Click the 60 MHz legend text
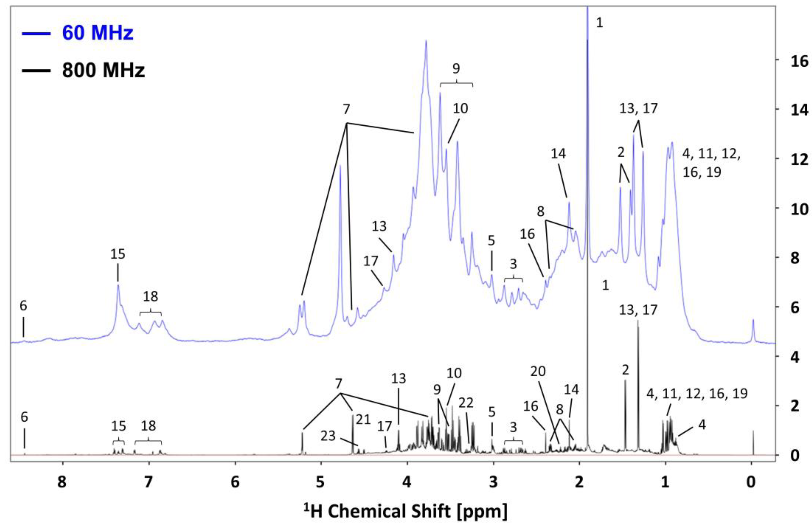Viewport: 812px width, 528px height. [x=98, y=33]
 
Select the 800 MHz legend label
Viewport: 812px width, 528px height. [x=103, y=70]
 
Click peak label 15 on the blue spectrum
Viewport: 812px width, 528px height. [x=118, y=254]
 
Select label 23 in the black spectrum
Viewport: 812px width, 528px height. [x=328, y=436]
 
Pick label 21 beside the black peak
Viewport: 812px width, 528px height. [x=363, y=419]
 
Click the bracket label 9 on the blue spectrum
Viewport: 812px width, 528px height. [x=456, y=69]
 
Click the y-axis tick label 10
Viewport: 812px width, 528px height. [x=798, y=209]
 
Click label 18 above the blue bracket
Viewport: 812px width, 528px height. [x=150, y=296]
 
